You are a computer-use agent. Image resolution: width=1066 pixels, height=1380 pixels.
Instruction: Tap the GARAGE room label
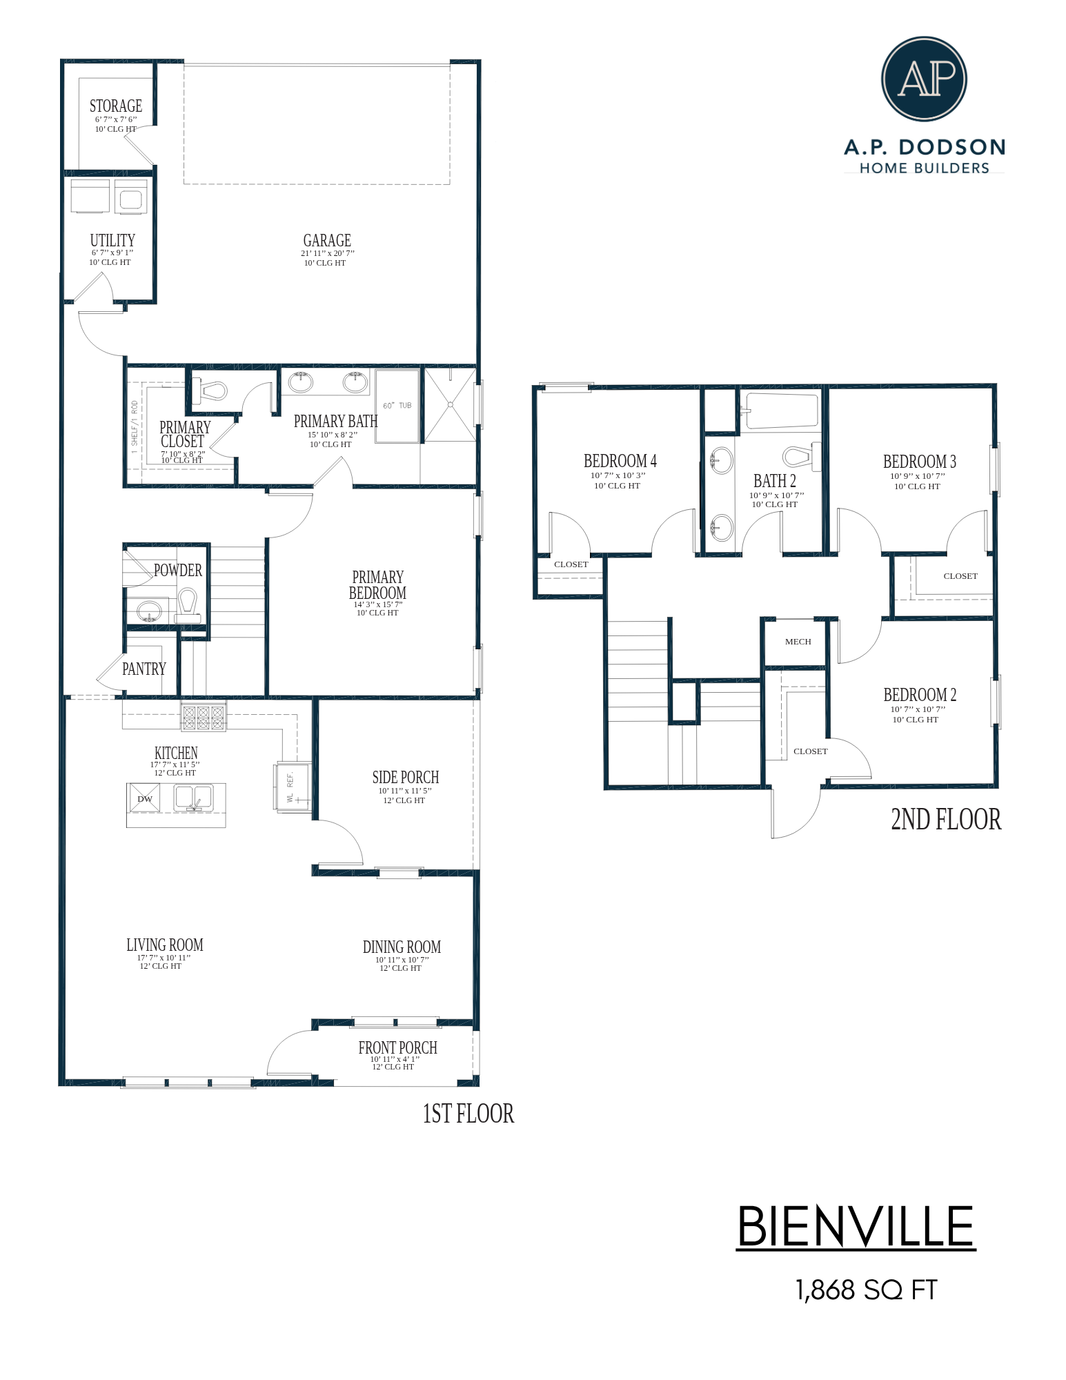click(x=327, y=241)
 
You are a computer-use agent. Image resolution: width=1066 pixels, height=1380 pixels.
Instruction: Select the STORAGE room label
click(x=115, y=106)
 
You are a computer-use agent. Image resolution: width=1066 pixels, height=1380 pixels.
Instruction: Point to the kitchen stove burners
click(x=203, y=718)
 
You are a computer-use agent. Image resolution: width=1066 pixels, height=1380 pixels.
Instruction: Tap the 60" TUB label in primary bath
click(x=397, y=406)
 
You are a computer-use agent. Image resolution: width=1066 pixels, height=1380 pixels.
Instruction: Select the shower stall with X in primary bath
click(x=450, y=405)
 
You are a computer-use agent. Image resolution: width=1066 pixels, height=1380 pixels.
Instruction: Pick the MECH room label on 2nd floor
click(x=798, y=642)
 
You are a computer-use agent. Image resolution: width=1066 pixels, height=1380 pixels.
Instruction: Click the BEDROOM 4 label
click(x=620, y=461)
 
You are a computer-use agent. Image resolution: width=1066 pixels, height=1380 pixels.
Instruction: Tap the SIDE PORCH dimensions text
click(x=404, y=791)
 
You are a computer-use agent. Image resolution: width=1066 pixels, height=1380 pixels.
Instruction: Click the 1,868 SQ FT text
click(x=866, y=1290)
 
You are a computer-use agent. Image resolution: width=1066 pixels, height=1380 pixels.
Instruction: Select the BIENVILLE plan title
click(x=856, y=1227)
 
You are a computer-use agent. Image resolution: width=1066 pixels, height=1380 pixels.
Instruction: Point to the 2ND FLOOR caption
click(x=945, y=820)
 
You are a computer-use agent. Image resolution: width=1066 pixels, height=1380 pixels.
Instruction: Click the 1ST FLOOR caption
click(x=468, y=1114)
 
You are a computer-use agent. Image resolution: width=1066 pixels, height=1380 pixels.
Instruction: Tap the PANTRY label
click(x=144, y=669)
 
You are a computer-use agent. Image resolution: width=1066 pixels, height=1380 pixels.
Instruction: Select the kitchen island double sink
click(x=193, y=798)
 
